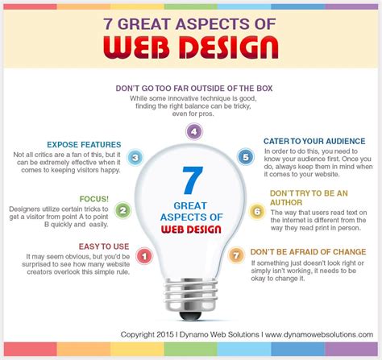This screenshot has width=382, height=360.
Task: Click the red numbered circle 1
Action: (144, 256)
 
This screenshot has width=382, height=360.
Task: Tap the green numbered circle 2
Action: (122, 210)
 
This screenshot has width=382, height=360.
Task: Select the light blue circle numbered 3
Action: (135, 157)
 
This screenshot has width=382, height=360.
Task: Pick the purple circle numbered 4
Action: (194, 131)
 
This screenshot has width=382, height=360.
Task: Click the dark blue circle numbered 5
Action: (246, 157)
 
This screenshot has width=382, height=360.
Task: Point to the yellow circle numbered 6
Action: (257, 212)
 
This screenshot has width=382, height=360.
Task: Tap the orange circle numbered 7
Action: (236, 255)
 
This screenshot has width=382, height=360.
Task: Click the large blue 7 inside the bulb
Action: (193, 180)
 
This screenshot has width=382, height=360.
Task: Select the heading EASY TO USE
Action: (104, 246)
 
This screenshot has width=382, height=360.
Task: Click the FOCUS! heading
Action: (94, 199)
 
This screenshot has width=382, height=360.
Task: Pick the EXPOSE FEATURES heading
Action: (84, 145)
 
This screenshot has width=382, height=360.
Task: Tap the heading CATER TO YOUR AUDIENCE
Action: (314, 141)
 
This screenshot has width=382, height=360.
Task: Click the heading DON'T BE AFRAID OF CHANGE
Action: (308, 252)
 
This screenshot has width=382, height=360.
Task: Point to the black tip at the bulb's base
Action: (190, 316)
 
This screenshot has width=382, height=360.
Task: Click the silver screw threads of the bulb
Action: (191, 295)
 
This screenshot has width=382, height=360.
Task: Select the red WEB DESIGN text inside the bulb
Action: (191, 230)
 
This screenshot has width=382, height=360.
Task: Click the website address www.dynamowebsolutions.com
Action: (319, 335)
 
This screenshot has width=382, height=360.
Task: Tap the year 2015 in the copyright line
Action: (165, 335)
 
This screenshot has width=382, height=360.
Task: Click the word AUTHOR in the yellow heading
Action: (286, 202)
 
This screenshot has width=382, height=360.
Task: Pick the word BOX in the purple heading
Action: (264, 89)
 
